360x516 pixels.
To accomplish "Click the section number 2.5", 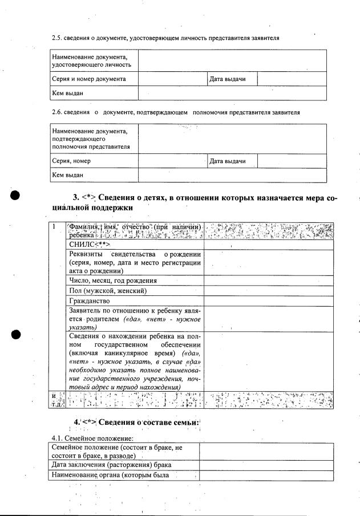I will pyautogui.click(x=57, y=38).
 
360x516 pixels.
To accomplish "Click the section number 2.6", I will pyautogui.click(x=57, y=112).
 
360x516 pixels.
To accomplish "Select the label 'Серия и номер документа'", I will pyautogui.click(x=88, y=79).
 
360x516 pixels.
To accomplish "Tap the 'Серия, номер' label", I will pyautogui.click(x=71, y=161).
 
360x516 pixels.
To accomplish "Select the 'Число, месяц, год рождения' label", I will pyautogui.click(x=112, y=281).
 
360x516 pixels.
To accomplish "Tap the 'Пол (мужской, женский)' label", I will pyautogui.click(x=108, y=291).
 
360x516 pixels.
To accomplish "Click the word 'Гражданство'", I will pyautogui.click(x=89, y=300).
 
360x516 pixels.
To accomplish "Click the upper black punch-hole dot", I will pyautogui.click(x=16, y=195).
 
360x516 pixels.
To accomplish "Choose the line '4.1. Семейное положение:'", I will pyautogui.click(x=91, y=438).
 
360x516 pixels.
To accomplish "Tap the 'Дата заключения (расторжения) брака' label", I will pyautogui.click(x=107, y=465).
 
